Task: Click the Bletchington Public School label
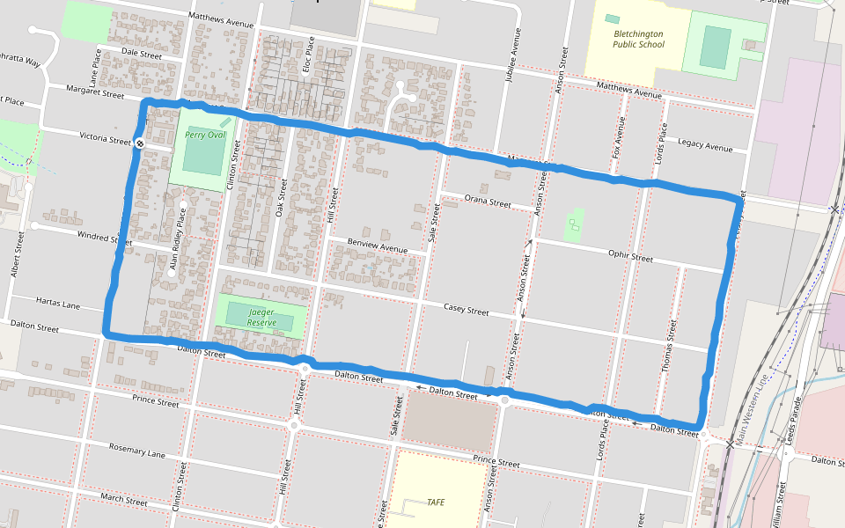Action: pyautogui.click(x=638, y=39)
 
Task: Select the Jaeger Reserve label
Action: pyautogui.click(x=261, y=318)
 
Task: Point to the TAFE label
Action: pyautogui.click(x=435, y=502)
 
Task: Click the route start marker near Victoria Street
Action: pyautogui.click(x=139, y=143)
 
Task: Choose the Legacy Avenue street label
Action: pyautogui.click(x=705, y=146)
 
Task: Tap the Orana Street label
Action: pyautogui.click(x=488, y=202)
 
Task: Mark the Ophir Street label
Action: pyautogui.click(x=630, y=257)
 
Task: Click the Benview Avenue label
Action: pyautogui.click(x=378, y=246)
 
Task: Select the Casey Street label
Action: pyautogui.click(x=466, y=310)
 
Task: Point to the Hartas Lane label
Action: pyautogui.click(x=58, y=304)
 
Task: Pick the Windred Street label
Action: pyautogui.click(x=105, y=237)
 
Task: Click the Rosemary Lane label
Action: pyautogui.click(x=136, y=451)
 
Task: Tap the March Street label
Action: pyautogui.click(x=123, y=499)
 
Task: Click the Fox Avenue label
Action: pyautogui.click(x=619, y=134)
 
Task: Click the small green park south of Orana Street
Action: pyautogui.click(x=574, y=226)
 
